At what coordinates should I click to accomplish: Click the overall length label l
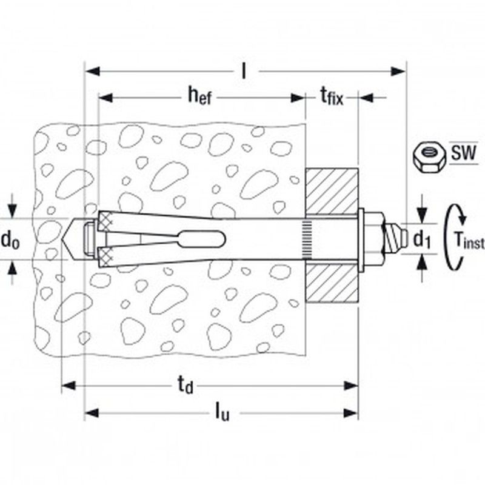pyautogui.click(x=244, y=71)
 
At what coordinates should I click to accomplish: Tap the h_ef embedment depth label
pyautogui.click(x=200, y=96)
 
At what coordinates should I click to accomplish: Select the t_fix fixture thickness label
pyautogui.click(x=332, y=96)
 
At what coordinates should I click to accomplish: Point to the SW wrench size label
pyautogui.click(x=463, y=153)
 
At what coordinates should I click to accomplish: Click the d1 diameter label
pyautogui.click(x=423, y=239)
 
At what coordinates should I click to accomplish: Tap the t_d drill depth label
pyautogui.click(x=185, y=386)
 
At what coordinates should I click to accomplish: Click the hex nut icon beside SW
pyautogui.click(x=429, y=158)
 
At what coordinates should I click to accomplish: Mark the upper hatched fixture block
pyautogui.click(x=332, y=192)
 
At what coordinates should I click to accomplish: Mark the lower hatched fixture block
pyautogui.click(x=332, y=283)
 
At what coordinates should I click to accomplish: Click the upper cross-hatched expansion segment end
pyautogui.click(x=105, y=221)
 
